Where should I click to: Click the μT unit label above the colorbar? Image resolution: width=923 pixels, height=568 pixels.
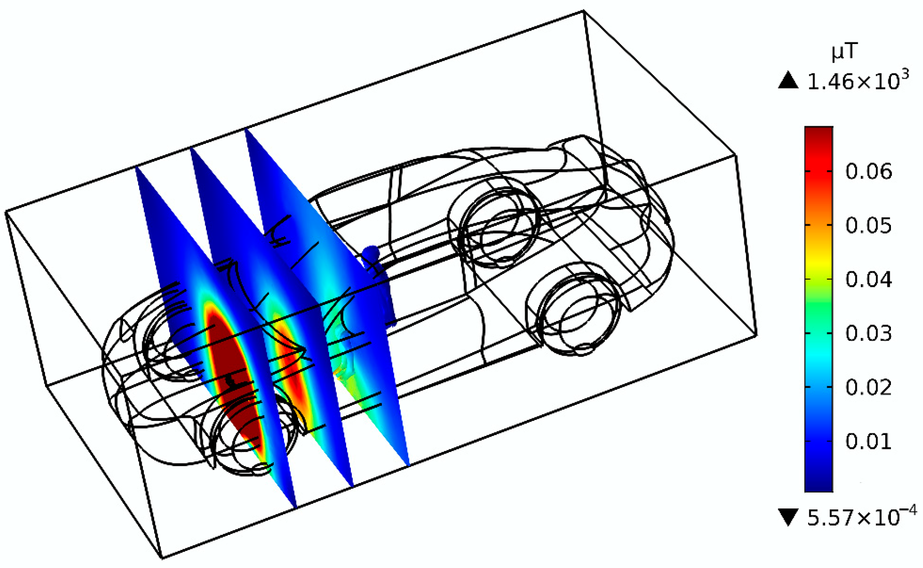pyautogui.click(x=844, y=52)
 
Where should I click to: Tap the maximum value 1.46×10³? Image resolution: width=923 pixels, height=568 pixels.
pyautogui.click(x=858, y=81)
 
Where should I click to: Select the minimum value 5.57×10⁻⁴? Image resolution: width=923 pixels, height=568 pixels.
pyautogui.click(x=861, y=517)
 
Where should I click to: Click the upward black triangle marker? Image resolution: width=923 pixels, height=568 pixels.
pyautogui.click(x=788, y=80)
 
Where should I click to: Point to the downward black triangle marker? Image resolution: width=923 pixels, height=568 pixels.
pyautogui.click(x=788, y=517)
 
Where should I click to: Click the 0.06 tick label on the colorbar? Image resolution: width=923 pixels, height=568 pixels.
pyautogui.click(x=869, y=171)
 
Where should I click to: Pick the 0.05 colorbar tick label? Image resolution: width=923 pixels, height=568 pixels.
pyautogui.click(x=869, y=225)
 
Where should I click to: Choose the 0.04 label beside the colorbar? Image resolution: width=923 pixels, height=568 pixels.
pyautogui.click(x=869, y=280)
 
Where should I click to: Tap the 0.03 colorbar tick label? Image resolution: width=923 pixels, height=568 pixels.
pyautogui.click(x=869, y=333)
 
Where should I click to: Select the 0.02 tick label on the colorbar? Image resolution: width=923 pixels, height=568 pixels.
pyautogui.click(x=869, y=387)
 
